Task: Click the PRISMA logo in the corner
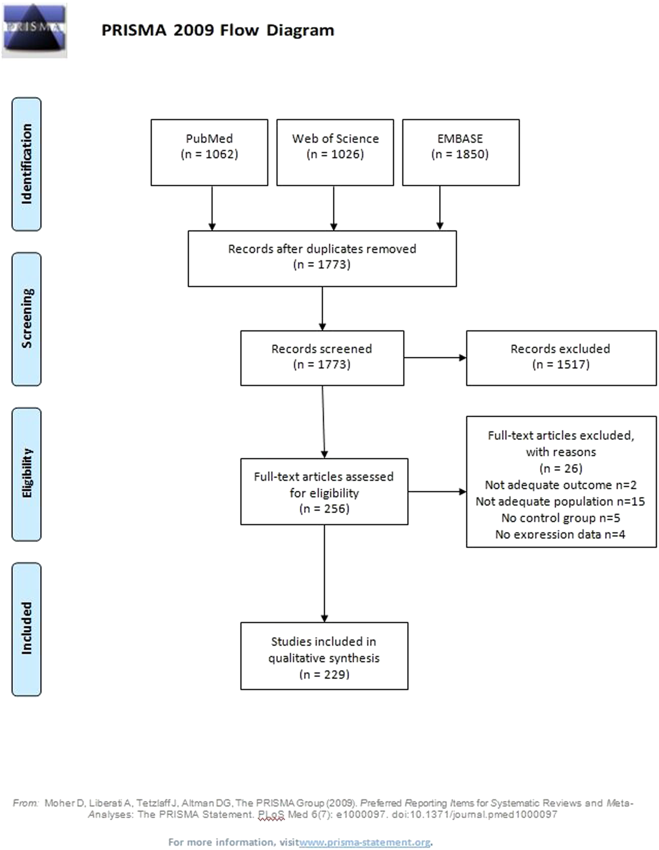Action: [34, 30]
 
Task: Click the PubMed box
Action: [209, 152]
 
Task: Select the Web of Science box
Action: [335, 152]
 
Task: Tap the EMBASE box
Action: [460, 152]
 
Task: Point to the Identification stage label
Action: [26, 164]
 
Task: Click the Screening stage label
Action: [26, 319]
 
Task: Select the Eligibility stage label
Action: [26, 474]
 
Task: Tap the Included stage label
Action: [26, 629]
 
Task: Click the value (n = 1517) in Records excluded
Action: [560, 364]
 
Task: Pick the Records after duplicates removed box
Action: [322, 258]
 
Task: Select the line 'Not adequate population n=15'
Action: [560, 501]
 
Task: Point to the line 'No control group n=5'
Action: [560, 518]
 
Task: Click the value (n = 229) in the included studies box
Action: [324, 674]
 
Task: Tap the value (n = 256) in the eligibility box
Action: [324, 509]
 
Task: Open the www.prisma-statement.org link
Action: [365, 842]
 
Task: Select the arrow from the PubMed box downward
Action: [212, 208]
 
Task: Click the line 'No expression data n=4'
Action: [560, 534]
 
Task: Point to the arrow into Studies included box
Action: [324, 573]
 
